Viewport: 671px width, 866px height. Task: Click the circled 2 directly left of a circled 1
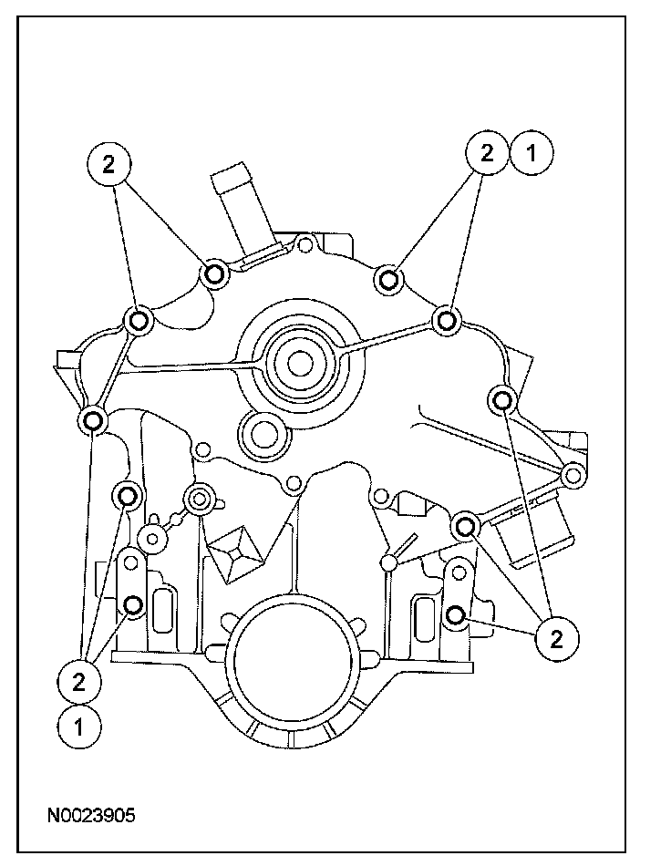[x=488, y=154]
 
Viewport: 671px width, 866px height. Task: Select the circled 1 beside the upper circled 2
[x=532, y=154]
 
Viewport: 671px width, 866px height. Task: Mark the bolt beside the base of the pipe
[x=215, y=272]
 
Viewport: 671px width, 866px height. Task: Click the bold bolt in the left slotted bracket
[x=134, y=605]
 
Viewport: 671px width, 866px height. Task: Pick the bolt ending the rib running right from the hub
[x=446, y=320]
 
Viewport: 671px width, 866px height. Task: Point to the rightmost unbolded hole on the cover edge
[x=573, y=474]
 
